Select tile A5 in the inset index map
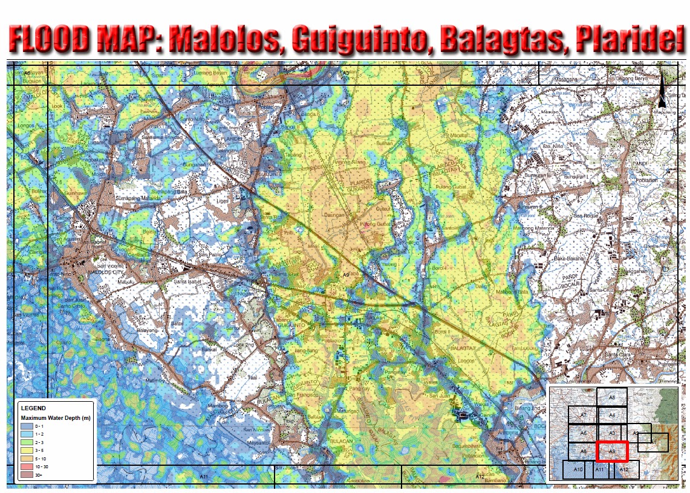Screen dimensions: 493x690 [611, 398]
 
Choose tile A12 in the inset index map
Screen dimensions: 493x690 [623, 469]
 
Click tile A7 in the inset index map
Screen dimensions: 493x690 [583, 415]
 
